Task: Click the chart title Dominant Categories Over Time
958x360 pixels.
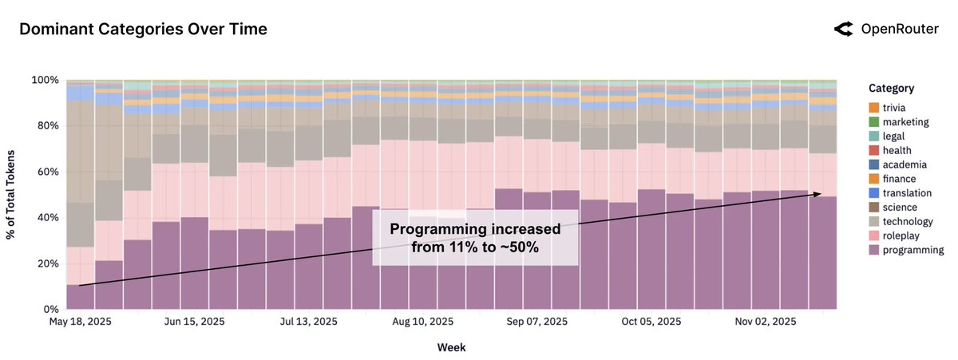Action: coord(143,30)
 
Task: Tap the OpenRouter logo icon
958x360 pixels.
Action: coord(843,30)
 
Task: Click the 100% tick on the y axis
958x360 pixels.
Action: coord(46,81)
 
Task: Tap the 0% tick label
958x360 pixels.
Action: coord(50,309)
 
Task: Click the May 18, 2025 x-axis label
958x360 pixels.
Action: coord(80,322)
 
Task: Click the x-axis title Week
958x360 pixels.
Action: coord(451,347)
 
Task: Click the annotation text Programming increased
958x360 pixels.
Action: coord(475,230)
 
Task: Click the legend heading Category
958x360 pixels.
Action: coord(891,89)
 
